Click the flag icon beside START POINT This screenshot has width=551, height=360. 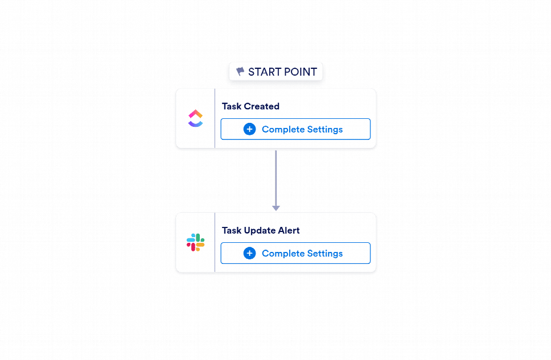[x=240, y=71]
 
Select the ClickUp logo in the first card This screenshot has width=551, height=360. [x=195, y=118]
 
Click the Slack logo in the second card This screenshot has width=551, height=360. [x=195, y=242]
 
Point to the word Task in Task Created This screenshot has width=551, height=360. [x=232, y=106]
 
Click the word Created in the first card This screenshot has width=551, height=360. [x=261, y=106]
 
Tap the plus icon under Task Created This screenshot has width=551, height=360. [x=249, y=129]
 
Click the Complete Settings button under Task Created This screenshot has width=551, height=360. [x=295, y=129]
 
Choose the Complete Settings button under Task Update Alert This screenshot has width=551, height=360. [x=295, y=253]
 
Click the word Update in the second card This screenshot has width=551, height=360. [x=260, y=230]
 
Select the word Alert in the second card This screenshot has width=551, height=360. [x=289, y=230]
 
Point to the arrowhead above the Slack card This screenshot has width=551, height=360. [x=276, y=208]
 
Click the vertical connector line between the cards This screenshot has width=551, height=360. [x=276, y=179]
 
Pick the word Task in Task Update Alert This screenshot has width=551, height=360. [x=232, y=230]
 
